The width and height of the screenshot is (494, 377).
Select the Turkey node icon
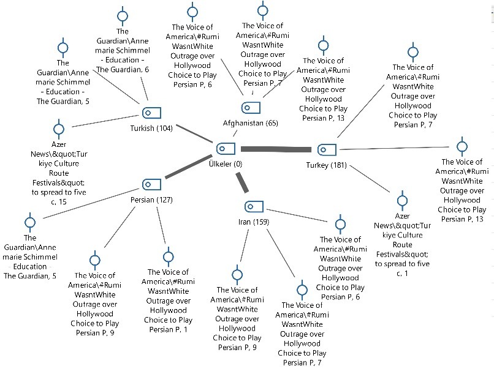[x=325, y=149]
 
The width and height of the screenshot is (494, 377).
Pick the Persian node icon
[x=151, y=184]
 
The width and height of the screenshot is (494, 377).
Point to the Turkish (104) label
[x=151, y=129]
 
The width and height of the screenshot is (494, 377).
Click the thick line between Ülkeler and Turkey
[x=276, y=149]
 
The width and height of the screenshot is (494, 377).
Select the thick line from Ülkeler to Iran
[x=243, y=181]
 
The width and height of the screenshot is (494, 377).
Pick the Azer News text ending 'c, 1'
[x=402, y=244]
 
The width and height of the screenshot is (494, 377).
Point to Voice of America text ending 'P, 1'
[x=168, y=300]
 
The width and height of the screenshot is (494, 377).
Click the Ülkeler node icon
[x=226, y=148]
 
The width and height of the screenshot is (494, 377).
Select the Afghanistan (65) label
[x=251, y=123]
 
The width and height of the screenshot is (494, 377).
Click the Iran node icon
[x=253, y=206]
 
